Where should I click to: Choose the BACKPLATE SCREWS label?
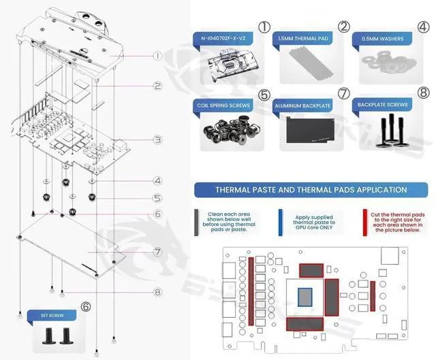click(x=383, y=105)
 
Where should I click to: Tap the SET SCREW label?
click(x=52, y=316)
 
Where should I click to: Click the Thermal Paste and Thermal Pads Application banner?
click(x=311, y=190)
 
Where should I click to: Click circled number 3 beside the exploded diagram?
click(x=157, y=140)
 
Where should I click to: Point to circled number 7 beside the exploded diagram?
click(x=157, y=252)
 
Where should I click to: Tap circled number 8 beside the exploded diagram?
click(x=157, y=293)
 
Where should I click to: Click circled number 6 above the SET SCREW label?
click(x=86, y=307)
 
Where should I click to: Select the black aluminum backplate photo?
click(x=309, y=130)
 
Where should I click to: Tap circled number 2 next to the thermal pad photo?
click(x=343, y=28)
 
